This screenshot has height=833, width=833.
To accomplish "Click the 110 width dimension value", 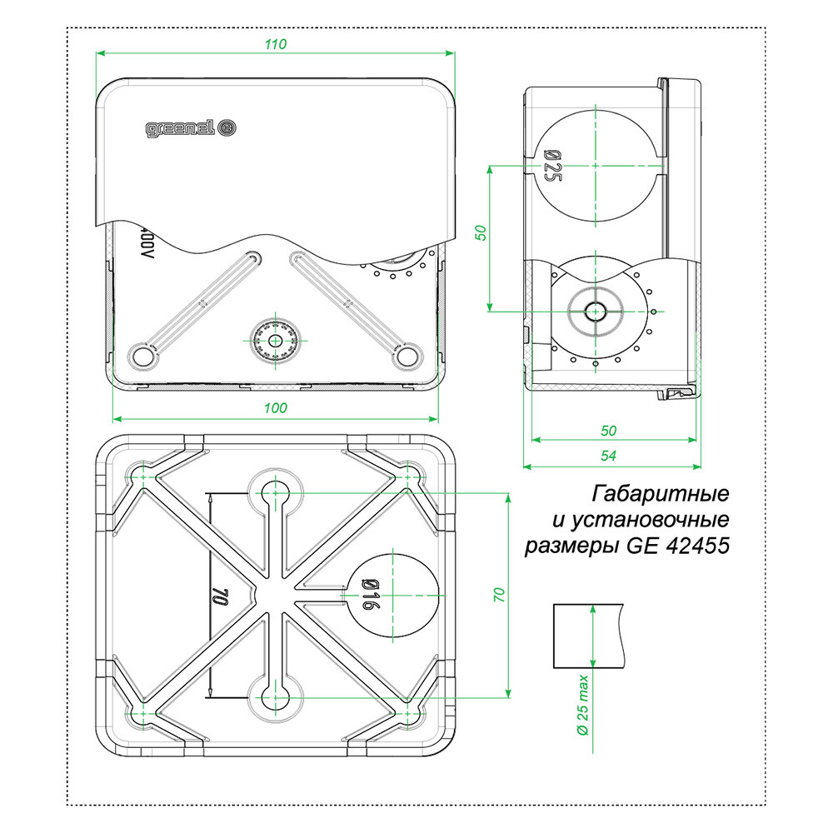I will tap(276, 45).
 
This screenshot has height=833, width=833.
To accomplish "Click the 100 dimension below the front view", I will tap(276, 407).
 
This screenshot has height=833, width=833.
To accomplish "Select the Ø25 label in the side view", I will tap(551, 166).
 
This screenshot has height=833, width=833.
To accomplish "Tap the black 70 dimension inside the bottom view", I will tap(221, 596).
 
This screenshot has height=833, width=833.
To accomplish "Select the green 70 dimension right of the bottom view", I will tap(499, 595).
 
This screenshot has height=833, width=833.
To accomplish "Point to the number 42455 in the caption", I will tap(698, 546).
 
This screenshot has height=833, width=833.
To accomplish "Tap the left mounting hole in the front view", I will tap(142, 356).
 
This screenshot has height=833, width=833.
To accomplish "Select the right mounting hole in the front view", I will tap(407, 356).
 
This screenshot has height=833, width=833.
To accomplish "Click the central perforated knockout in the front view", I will tap(275, 340).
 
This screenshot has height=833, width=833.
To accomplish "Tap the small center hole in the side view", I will tap(596, 311).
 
